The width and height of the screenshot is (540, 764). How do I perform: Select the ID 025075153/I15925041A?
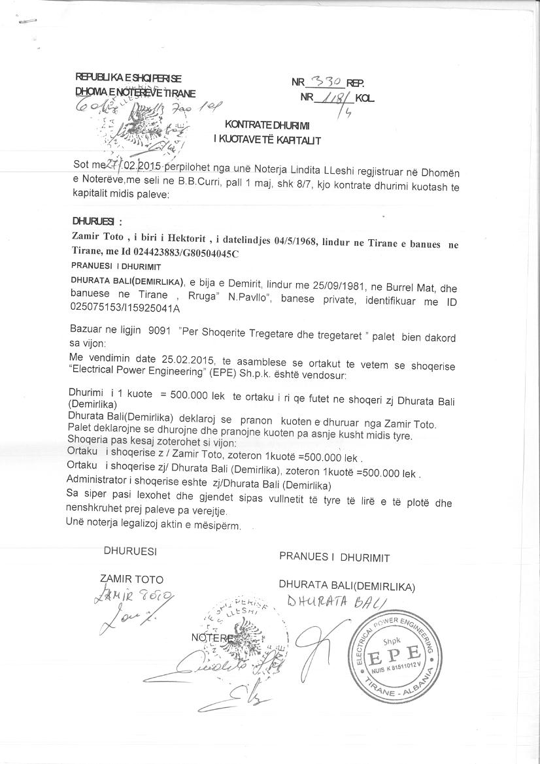coord(120,308)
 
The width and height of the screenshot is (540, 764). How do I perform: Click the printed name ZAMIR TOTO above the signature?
coord(131,579)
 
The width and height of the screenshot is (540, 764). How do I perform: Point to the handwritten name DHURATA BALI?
coord(333,601)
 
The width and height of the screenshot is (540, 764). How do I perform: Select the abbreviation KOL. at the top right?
coord(365,98)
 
